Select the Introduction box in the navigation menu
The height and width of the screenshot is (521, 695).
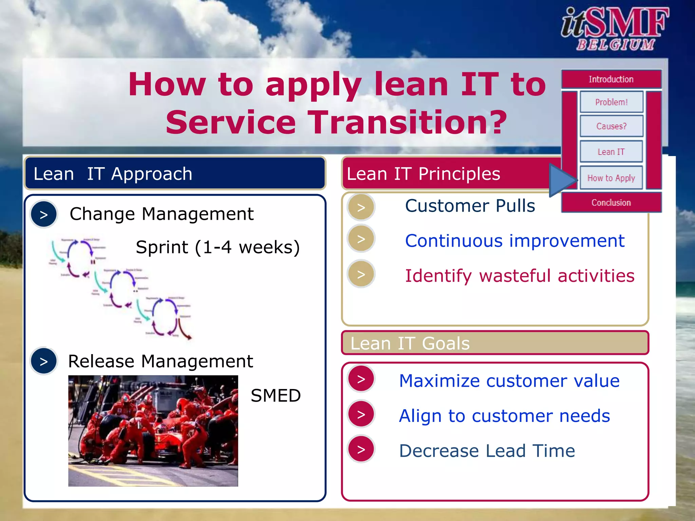[611, 79]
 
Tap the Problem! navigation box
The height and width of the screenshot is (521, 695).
[611, 102]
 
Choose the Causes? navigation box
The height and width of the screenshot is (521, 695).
[611, 126]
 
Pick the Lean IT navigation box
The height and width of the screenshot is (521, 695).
[611, 152]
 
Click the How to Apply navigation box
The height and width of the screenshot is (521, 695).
[611, 178]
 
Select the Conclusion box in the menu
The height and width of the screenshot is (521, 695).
[611, 202]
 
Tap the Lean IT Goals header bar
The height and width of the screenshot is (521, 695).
[495, 343]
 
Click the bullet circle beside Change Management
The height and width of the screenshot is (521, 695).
[44, 214]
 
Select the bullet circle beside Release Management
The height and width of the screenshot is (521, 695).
[44, 361]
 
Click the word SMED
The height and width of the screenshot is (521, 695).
[276, 395]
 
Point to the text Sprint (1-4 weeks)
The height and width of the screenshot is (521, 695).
[218, 247]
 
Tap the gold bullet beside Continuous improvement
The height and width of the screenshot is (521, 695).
[361, 239]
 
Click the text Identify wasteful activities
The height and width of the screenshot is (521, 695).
[520, 275]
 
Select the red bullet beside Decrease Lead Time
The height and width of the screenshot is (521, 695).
[361, 449]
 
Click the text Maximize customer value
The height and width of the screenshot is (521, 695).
[509, 381]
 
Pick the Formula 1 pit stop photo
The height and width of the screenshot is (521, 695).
[153, 431]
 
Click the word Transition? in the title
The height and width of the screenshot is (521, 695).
[409, 122]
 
